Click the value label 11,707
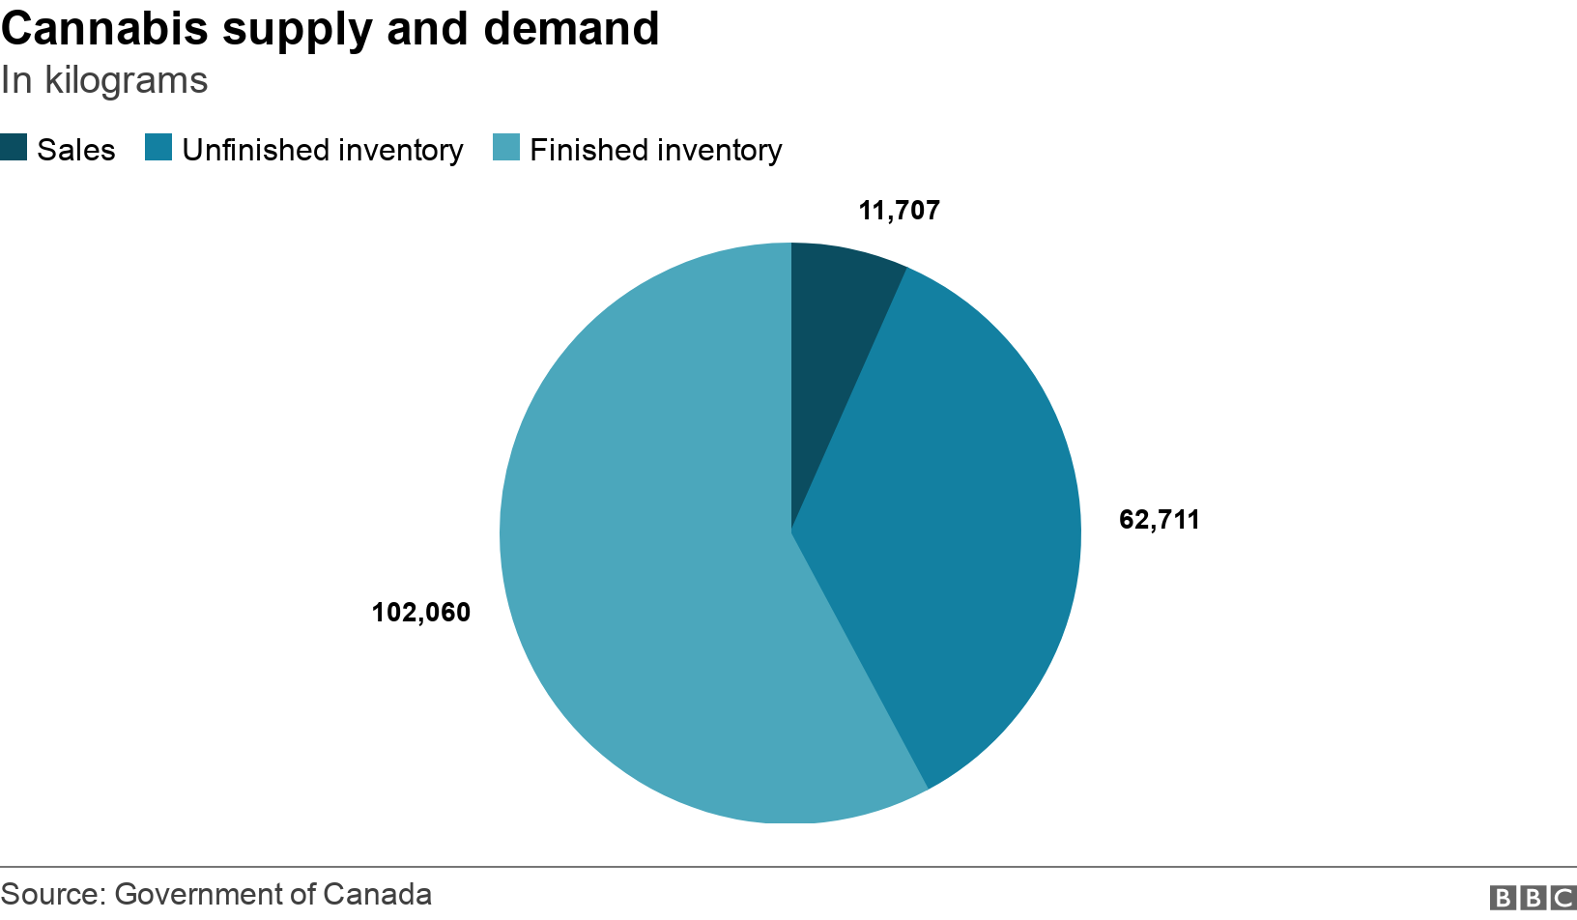click(899, 211)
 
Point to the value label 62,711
click(1159, 520)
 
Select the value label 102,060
click(421, 613)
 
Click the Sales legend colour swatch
click(14, 148)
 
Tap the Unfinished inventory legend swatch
click(158, 148)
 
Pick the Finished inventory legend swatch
click(506, 148)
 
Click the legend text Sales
click(76, 151)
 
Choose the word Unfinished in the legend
click(256, 151)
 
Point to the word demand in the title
click(571, 29)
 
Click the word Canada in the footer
click(377, 894)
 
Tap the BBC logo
click(1532, 898)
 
